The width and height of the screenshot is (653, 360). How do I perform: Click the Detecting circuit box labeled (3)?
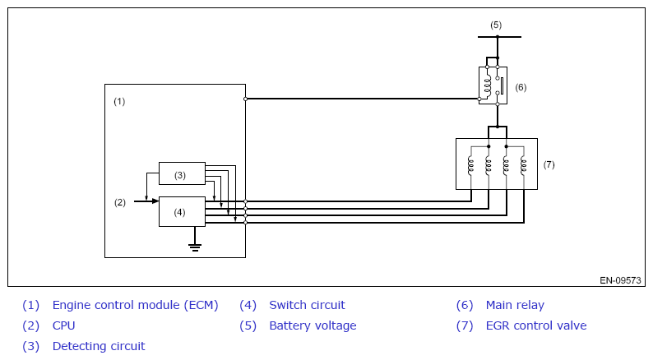[182, 173]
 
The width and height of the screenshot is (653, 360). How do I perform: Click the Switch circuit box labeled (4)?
[182, 211]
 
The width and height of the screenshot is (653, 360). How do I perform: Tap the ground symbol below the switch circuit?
[195, 245]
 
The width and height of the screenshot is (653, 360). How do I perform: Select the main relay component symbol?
[493, 85]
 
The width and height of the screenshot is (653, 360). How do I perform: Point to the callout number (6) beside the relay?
[521, 87]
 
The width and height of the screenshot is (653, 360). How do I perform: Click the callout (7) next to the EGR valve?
[549, 164]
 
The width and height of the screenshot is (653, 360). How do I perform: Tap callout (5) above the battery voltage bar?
[496, 25]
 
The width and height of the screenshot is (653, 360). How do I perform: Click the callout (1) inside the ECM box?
[119, 101]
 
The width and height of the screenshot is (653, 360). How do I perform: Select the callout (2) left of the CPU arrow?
[119, 202]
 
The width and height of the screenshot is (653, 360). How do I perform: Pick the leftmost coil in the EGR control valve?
[470, 164]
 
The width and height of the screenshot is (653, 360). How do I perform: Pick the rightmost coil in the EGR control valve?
[524, 164]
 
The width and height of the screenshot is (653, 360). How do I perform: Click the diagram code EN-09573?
[620, 280]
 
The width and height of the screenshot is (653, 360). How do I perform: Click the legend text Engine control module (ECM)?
[135, 305]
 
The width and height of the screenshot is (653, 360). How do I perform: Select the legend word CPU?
[64, 325]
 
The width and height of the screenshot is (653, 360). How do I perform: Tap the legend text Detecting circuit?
[99, 346]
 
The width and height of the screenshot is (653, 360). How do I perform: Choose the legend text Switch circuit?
[307, 305]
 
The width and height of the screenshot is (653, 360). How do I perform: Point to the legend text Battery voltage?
[313, 325]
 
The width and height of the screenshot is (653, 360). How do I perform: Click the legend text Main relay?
[515, 305]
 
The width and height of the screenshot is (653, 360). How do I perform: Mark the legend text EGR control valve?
[536, 325]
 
